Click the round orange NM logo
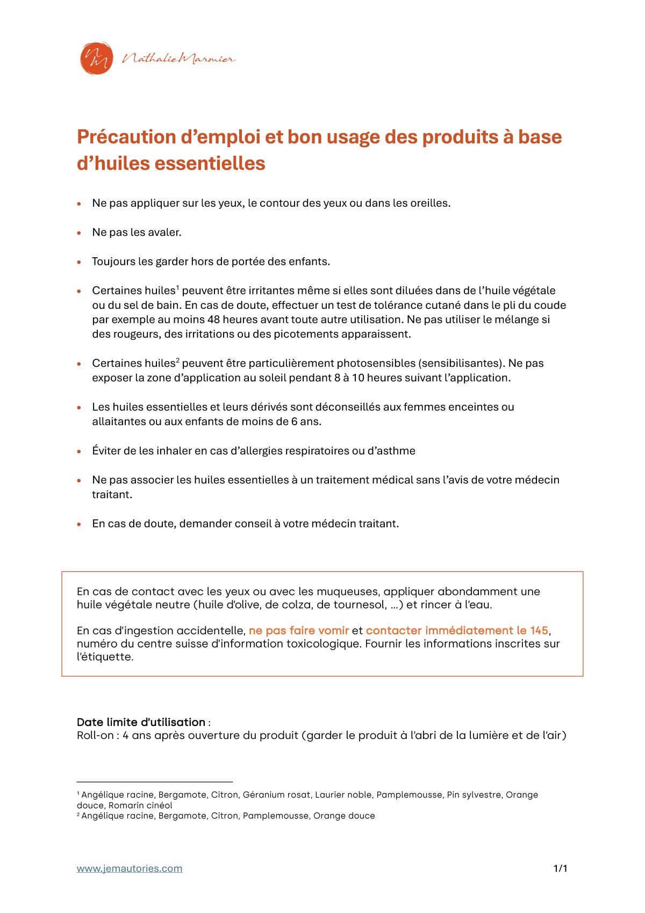click(x=97, y=58)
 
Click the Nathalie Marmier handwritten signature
click(x=179, y=59)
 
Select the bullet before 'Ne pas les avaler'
click(x=79, y=233)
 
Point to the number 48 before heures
click(x=214, y=320)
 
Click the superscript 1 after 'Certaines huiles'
click(x=177, y=287)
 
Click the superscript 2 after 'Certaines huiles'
click(x=177, y=360)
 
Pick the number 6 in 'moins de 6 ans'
click(x=294, y=422)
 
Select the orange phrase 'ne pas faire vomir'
click(x=298, y=631)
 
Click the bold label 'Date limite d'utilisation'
click(x=141, y=722)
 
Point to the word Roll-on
click(x=95, y=735)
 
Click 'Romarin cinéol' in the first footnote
click(x=140, y=805)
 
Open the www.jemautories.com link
click(x=130, y=868)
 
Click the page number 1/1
click(x=560, y=868)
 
